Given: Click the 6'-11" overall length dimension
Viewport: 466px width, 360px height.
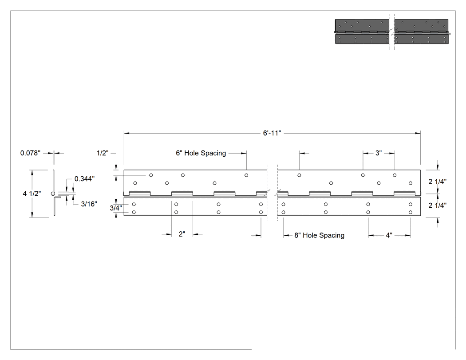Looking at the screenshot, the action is point(272,133).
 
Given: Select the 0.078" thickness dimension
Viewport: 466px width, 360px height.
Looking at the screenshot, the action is point(30,153).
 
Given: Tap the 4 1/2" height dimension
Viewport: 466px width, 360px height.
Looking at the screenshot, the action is point(32,194).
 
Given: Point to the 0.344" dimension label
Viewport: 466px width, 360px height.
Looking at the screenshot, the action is point(84,178).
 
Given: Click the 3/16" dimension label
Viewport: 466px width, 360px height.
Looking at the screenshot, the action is point(89,204).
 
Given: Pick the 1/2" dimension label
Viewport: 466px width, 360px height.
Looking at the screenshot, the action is point(103,153).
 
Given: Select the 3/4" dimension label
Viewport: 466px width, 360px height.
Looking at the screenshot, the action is point(115,208).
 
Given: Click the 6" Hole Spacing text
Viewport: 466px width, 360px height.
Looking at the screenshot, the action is point(201,153).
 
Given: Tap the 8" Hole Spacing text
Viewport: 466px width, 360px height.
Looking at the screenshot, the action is point(320,235).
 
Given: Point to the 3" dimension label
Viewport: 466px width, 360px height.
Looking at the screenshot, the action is point(378,153).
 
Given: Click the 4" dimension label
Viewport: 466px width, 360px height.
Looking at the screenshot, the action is point(389,235).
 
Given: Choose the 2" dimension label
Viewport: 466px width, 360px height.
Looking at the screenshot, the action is point(182,234).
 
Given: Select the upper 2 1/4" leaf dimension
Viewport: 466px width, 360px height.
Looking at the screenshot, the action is point(437,182).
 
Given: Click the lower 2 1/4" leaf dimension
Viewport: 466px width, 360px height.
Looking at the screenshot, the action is point(437,205).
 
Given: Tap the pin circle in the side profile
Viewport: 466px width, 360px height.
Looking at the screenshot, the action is point(53,194).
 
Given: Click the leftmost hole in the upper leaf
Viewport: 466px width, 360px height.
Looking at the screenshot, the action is point(135,183).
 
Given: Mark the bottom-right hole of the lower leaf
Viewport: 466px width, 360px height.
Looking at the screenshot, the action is point(411,212).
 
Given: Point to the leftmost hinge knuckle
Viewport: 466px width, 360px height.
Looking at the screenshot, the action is point(140,194).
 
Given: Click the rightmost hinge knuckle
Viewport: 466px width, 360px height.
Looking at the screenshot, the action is point(404,194).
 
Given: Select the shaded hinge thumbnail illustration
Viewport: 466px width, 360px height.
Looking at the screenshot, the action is point(392,32).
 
